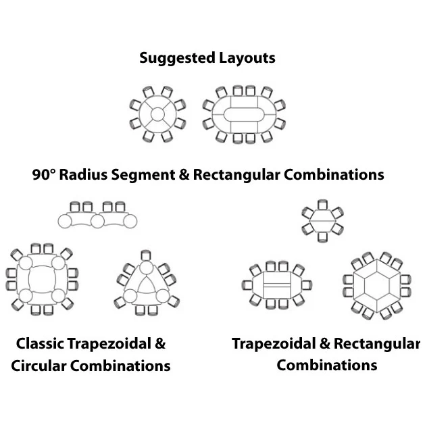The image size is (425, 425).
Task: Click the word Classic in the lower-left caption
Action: click(40, 343)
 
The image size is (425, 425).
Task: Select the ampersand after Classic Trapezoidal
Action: click(160, 343)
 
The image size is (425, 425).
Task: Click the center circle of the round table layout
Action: click(157, 114)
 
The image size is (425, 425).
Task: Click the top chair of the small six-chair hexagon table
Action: click(322, 204)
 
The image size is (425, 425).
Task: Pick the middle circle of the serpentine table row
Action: click(97, 220)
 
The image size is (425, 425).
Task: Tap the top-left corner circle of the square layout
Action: click(24, 263)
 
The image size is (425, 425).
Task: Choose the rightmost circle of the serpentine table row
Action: click(130, 220)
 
